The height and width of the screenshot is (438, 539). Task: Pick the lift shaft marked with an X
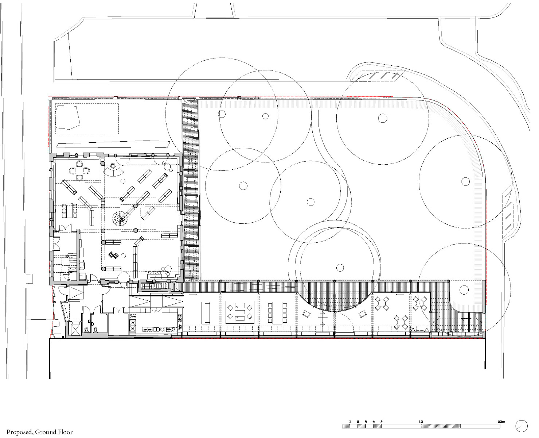[x=75, y=330]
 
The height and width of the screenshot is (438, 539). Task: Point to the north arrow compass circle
[x=522, y=426]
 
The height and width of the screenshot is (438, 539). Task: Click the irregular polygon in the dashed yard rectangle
[x=67, y=117]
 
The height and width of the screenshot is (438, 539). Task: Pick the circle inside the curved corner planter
[x=464, y=289]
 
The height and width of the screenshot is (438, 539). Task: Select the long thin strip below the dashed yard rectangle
[x=113, y=145]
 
